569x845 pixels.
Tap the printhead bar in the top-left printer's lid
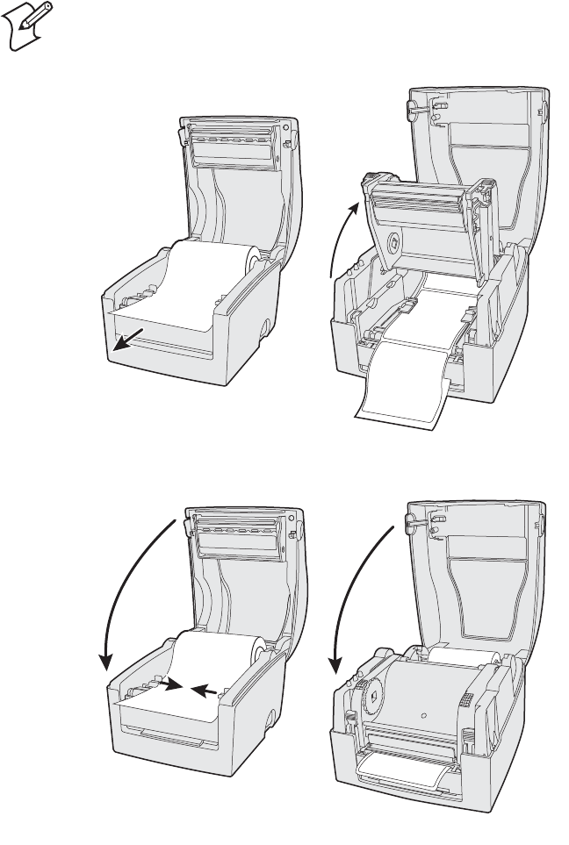pos(234,141)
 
